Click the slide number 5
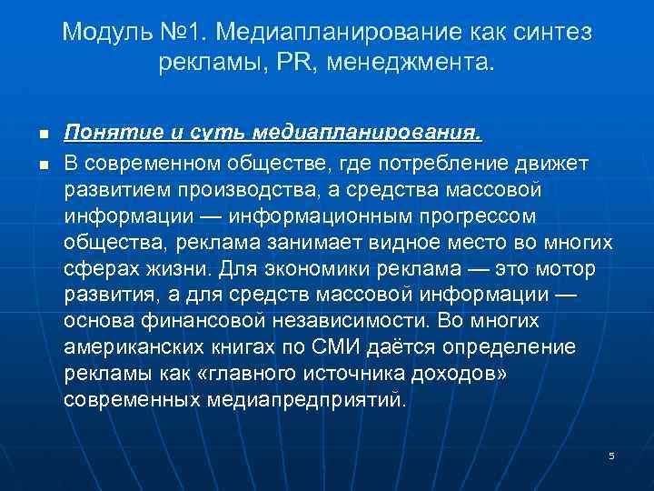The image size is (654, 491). (611, 455)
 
